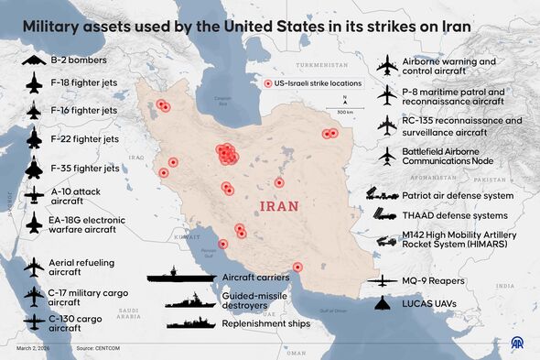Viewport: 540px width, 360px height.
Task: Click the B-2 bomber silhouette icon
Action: (x=34, y=60)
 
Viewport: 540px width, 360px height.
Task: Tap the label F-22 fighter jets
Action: (x=84, y=139)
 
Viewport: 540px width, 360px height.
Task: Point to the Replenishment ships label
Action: (x=265, y=322)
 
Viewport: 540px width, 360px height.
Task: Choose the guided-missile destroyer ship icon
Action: (x=191, y=299)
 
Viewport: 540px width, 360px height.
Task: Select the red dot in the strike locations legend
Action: (x=267, y=83)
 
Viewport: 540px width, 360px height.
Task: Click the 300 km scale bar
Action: (x=345, y=107)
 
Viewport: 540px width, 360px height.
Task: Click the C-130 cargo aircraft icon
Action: (x=34, y=322)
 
